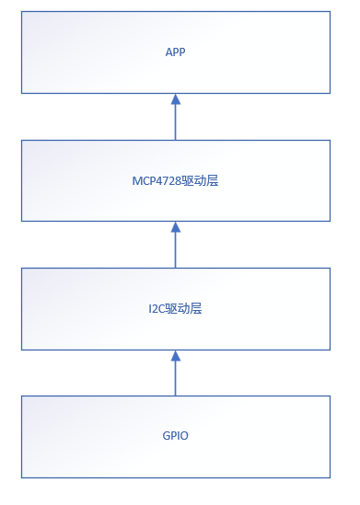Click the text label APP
click(175, 52)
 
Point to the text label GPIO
click(175, 435)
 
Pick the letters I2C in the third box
click(157, 309)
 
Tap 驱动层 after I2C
click(184, 309)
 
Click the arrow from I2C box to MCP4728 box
click(175, 246)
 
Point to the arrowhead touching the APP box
click(175, 98)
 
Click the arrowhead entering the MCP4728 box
click(175, 226)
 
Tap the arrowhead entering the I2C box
click(175, 354)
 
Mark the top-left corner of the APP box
click(21, 12)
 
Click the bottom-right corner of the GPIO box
click(330, 477)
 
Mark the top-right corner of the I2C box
click(330, 268)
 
